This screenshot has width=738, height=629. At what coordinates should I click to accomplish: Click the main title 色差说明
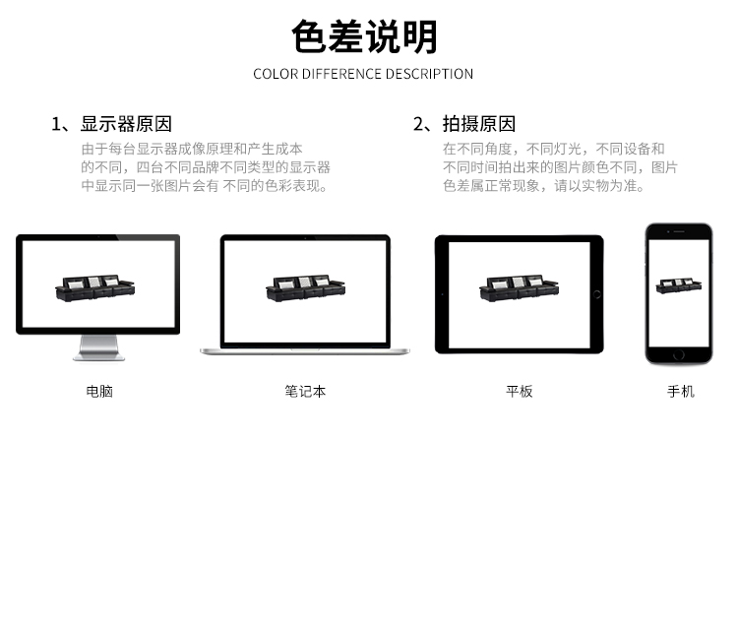(364, 36)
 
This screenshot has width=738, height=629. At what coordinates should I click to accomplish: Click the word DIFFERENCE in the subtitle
(341, 74)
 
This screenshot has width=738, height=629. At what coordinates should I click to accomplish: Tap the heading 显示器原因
(126, 124)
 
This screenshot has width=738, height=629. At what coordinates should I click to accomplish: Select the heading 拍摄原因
(478, 124)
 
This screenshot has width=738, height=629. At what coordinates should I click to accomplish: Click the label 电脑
(99, 391)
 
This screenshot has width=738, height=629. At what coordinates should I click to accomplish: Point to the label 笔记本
(305, 391)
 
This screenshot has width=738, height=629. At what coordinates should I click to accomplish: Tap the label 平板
(520, 391)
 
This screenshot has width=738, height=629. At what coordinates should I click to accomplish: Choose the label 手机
(681, 391)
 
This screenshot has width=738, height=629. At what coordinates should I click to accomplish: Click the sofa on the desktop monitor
(95, 287)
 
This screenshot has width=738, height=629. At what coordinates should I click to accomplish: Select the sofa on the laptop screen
(305, 287)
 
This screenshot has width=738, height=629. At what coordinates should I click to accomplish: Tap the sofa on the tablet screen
(520, 287)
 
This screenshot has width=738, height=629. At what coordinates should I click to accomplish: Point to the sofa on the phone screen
(679, 285)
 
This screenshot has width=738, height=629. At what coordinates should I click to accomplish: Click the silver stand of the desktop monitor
(98, 347)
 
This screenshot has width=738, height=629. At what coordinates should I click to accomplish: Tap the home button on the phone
(679, 355)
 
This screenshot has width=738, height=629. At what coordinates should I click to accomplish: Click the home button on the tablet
(597, 294)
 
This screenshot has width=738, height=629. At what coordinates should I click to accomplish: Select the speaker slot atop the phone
(679, 231)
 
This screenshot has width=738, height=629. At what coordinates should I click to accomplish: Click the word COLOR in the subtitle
(276, 74)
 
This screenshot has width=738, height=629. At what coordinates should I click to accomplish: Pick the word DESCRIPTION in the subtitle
(429, 74)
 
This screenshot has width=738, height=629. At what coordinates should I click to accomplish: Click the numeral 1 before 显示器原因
(56, 124)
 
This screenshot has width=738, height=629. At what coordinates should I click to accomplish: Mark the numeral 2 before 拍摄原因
(418, 124)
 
